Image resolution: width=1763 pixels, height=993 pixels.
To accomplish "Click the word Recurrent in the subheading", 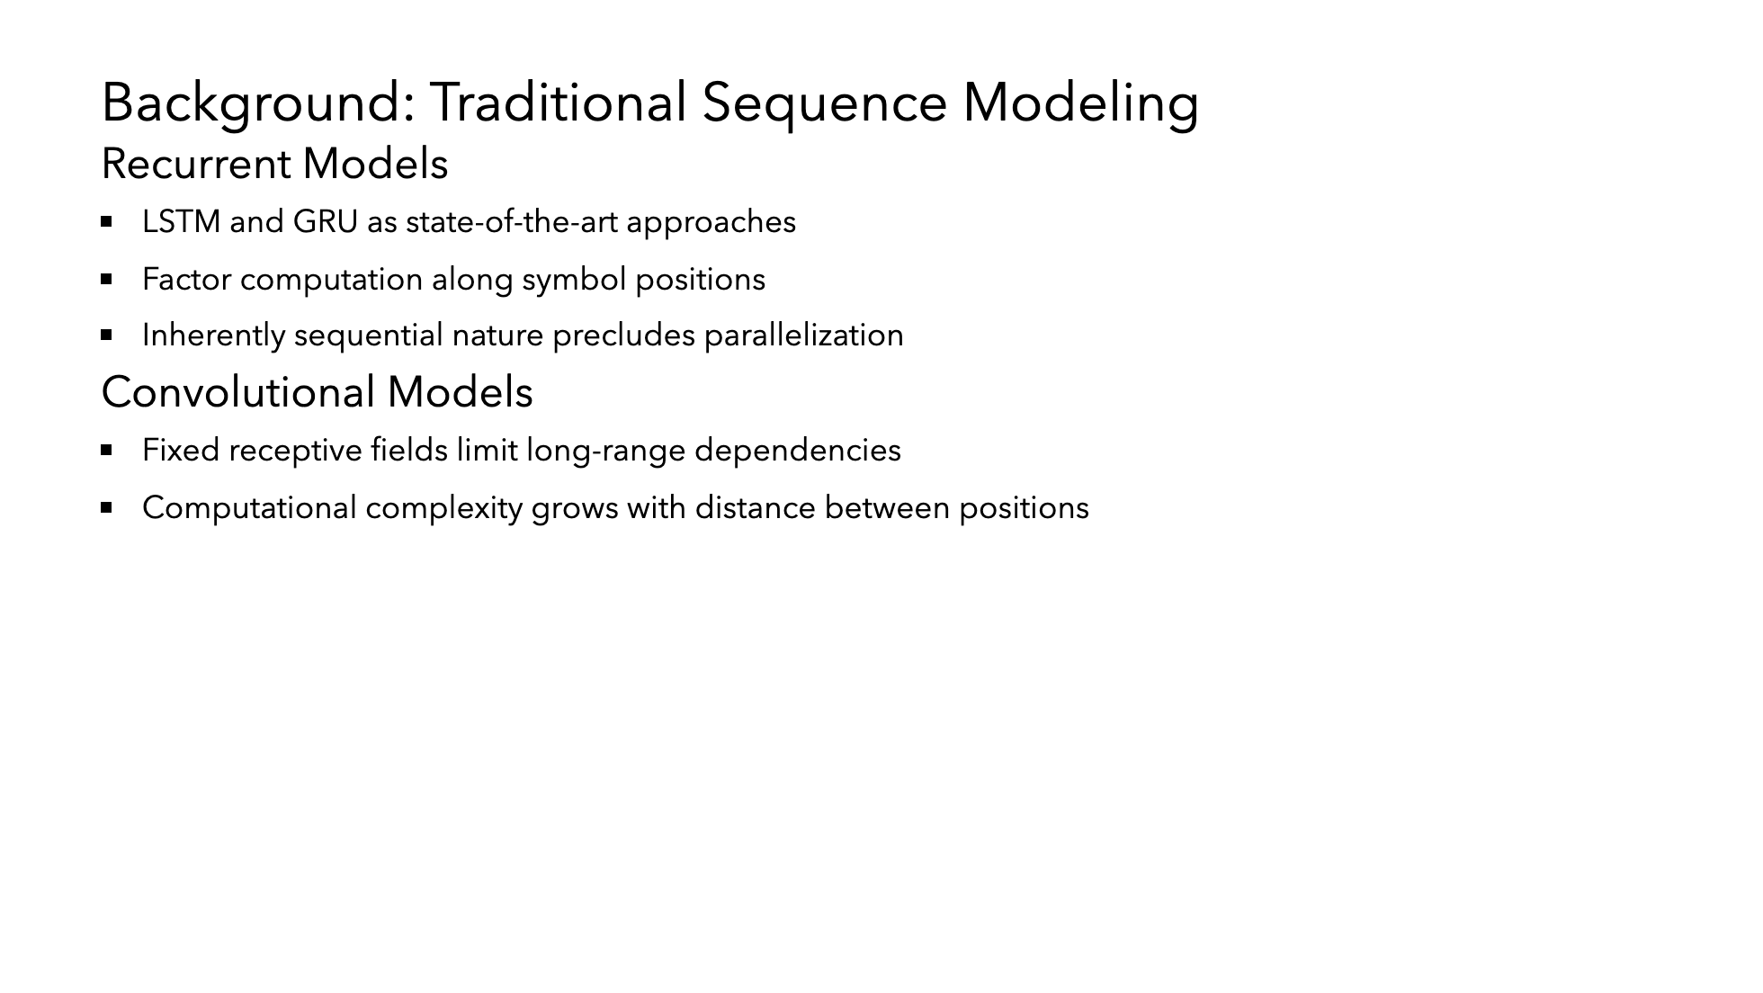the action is pyautogui.click(x=196, y=165).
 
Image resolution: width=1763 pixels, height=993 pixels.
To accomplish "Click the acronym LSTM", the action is pyautogui.click(x=182, y=222).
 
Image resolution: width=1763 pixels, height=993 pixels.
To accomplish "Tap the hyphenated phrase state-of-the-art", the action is pyautogui.click(x=511, y=222).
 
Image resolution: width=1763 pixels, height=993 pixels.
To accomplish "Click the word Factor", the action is pyautogui.click(x=186, y=280).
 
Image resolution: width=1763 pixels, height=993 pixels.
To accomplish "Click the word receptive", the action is pyautogui.click(x=295, y=451).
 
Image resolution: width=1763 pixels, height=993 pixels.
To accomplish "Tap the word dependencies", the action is pyautogui.click(x=798, y=451).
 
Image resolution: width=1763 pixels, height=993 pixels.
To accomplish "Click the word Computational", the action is pyautogui.click(x=249, y=508).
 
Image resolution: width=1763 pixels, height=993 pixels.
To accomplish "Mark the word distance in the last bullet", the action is pyautogui.click(x=756, y=508).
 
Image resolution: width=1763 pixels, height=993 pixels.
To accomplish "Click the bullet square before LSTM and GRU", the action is pyautogui.click(x=107, y=221).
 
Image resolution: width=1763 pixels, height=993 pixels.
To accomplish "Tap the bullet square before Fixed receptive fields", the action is pyautogui.click(x=107, y=450).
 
